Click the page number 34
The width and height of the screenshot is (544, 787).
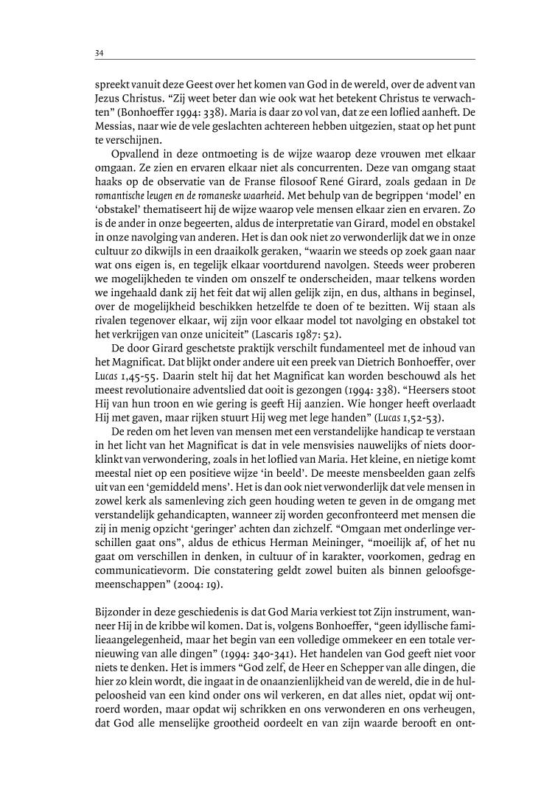99,52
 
